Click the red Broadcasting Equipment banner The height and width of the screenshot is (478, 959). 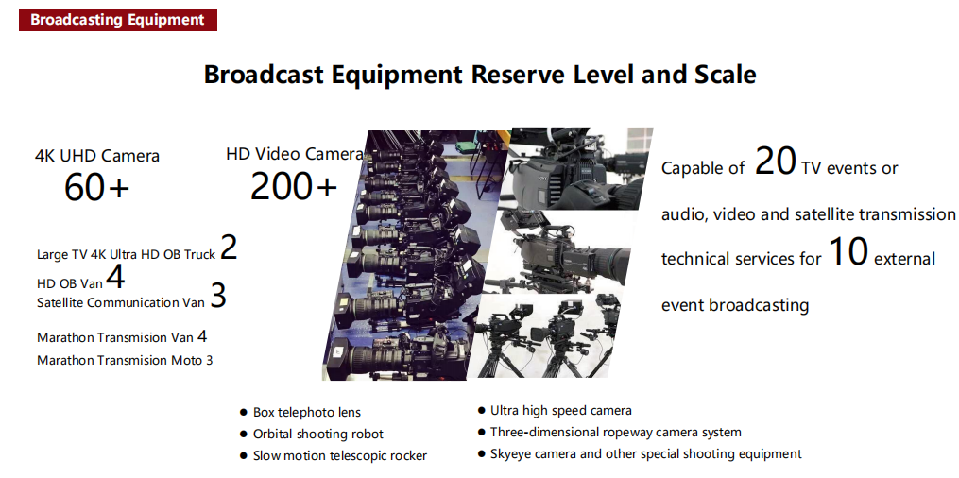coord(118,20)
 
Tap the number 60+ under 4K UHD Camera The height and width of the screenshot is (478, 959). coord(96,187)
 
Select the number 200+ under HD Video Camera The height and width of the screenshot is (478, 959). coord(294,185)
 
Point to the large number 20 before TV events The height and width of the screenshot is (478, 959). coord(775,162)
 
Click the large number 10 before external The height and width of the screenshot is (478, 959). coord(848,252)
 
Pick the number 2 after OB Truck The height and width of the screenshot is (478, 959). coord(229,247)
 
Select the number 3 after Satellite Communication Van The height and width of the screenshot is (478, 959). coord(218,296)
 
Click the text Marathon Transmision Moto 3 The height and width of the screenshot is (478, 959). coord(125,360)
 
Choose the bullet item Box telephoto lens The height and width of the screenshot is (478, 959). coord(300,413)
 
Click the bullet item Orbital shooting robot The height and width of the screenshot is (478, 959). coord(312,435)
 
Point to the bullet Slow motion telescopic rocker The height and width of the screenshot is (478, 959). coord(334,456)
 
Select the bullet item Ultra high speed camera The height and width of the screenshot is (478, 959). coord(555,411)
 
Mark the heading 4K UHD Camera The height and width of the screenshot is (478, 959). coord(97,156)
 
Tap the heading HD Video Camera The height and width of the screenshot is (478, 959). coord(294,154)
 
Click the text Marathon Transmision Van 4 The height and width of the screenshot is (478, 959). coord(122,337)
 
